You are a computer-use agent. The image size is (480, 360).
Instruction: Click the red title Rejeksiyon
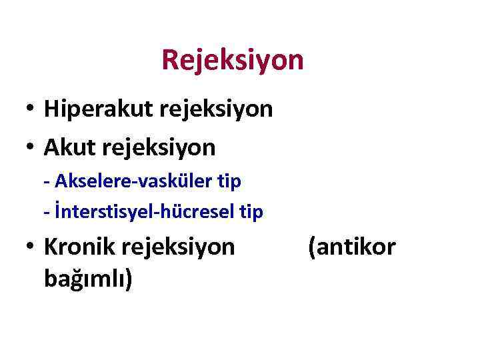pos(232,61)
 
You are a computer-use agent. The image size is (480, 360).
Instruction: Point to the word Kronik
pos(77,247)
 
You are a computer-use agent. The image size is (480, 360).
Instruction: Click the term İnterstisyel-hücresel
pos(145,212)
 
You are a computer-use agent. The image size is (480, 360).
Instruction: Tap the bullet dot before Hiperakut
pos(31,109)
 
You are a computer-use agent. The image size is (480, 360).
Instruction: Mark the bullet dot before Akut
pos(31,148)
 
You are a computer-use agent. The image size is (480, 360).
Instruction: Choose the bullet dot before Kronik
pos(31,247)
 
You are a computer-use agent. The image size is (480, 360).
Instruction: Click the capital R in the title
pos(169,61)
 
